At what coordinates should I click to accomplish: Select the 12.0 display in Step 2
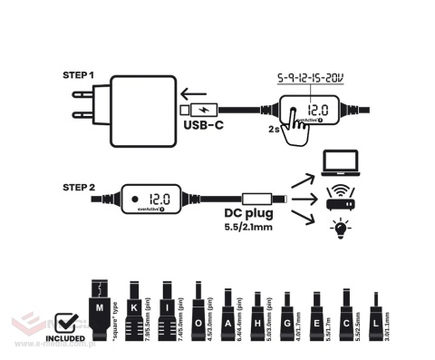click(x=160, y=198)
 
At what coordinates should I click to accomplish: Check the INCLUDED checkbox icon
click(x=66, y=324)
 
